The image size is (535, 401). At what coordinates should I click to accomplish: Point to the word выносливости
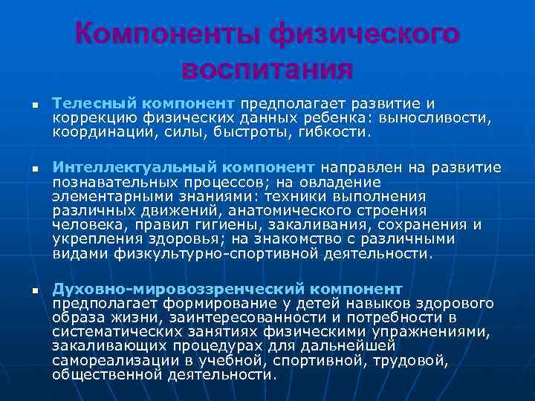tap(434, 117)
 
